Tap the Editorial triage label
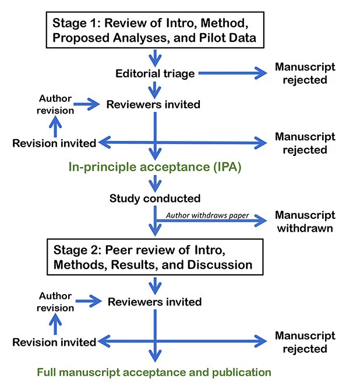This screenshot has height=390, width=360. (x=155, y=73)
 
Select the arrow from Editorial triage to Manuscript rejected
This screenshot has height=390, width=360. (x=233, y=73)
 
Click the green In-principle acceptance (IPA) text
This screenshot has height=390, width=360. (x=155, y=166)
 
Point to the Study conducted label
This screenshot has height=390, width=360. (x=155, y=198)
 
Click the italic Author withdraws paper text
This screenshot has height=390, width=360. (x=207, y=215)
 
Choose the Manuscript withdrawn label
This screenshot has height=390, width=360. (x=305, y=222)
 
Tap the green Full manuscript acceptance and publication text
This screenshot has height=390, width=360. (x=154, y=373)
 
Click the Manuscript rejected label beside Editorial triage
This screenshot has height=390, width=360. (x=305, y=73)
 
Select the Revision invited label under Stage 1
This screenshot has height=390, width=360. (x=54, y=143)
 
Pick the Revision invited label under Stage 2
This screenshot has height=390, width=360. (x=54, y=342)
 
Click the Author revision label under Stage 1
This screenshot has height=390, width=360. (x=55, y=104)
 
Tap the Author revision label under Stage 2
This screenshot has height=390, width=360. (x=55, y=302)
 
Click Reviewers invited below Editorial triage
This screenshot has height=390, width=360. (x=153, y=104)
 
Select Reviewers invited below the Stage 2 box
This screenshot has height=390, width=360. (x=154, y=302)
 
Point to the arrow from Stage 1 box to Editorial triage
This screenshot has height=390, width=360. (x=155, y=58)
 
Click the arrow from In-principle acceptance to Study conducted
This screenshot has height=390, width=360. (x=155, y=183)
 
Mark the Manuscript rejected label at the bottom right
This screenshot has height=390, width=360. (x=305, y=342)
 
